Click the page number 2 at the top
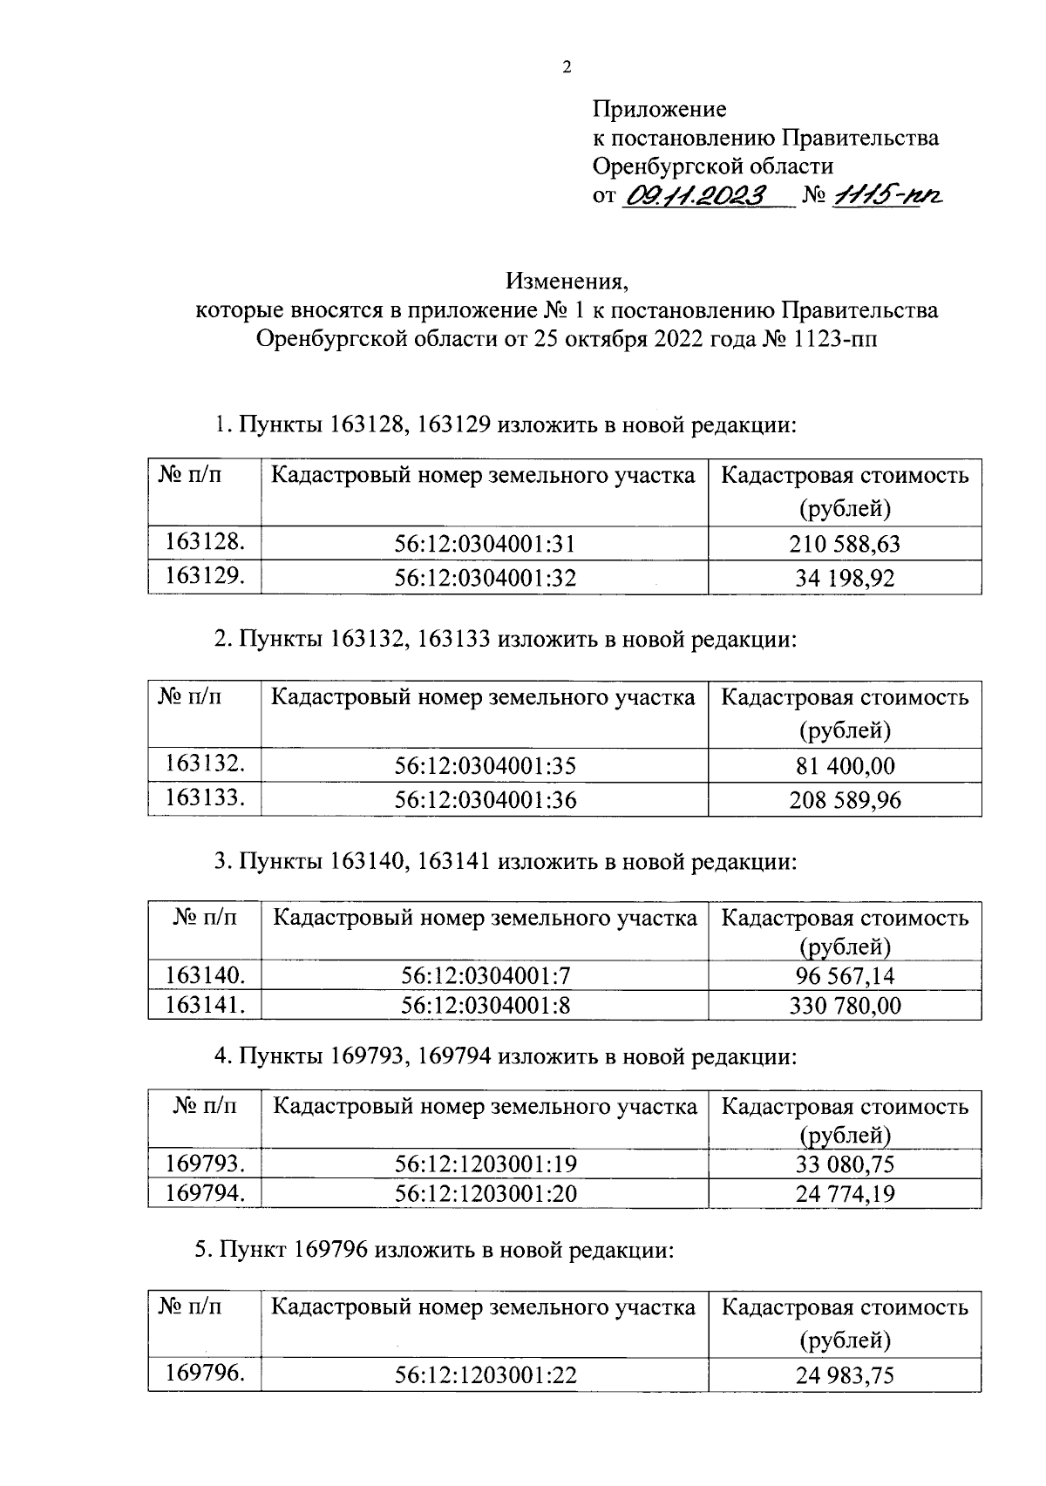[x=567, y=68]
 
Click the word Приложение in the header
[x=659, y=110]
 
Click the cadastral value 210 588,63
[x=844, y=545]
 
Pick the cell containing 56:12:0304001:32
[x=485, y=578]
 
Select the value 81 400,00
[x=844, y=766]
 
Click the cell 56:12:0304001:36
[x=485, y=799]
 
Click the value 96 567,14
[x=844, y=976]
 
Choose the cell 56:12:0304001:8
[x=485, y=1006]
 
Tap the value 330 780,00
[x=844, y=1006]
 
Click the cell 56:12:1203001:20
[x=485, y=1193]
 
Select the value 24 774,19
[x=844, y=1193]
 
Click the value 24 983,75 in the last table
[x=844, y=1376]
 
